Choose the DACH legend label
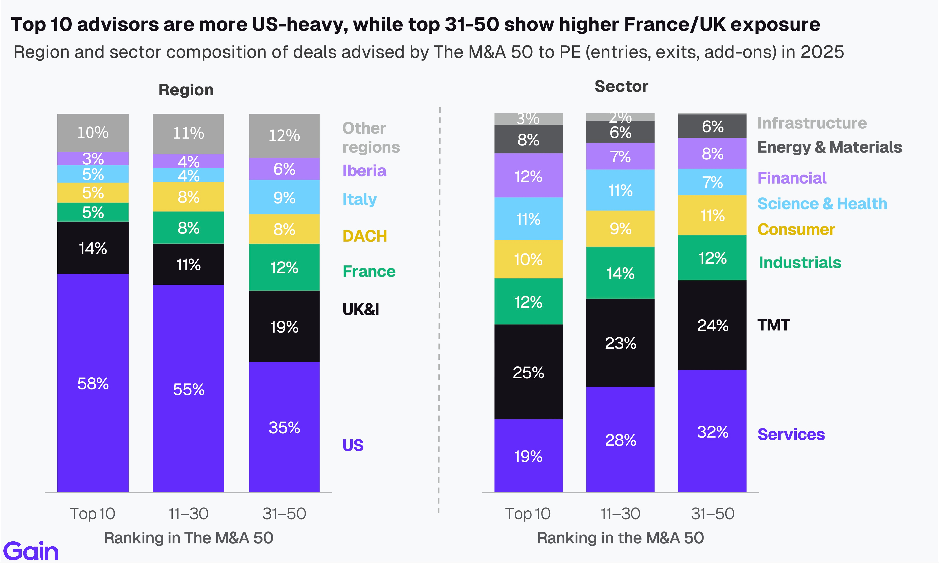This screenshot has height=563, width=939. (364, 236)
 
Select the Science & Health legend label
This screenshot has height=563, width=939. (822, 204)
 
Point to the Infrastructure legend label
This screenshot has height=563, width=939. (812, 123)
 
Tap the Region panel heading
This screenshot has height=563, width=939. (186, 90)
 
